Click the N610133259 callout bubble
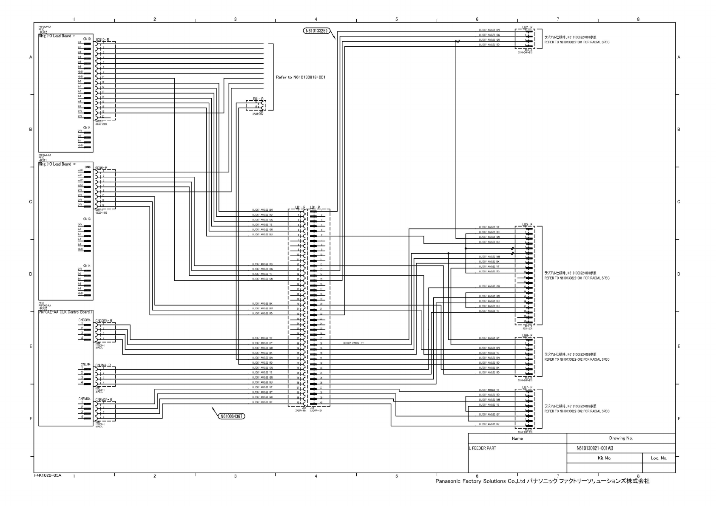[315, 31]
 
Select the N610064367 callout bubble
[231, 416]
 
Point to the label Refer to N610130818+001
[301, 77]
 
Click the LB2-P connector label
[527, 27]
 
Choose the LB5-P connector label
[527, 224]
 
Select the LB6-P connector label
[527, 335]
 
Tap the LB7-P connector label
[527, 387]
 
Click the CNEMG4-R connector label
[104, 400]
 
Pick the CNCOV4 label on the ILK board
[85, 319]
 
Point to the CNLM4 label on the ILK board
[85, 365]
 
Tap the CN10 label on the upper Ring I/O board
[87, 39]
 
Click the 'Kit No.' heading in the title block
[604, 458]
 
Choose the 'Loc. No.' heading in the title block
[659, 458]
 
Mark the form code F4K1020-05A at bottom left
[48, 475]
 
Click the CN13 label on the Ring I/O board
[87, 219]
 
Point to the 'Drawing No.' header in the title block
[621, 438]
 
